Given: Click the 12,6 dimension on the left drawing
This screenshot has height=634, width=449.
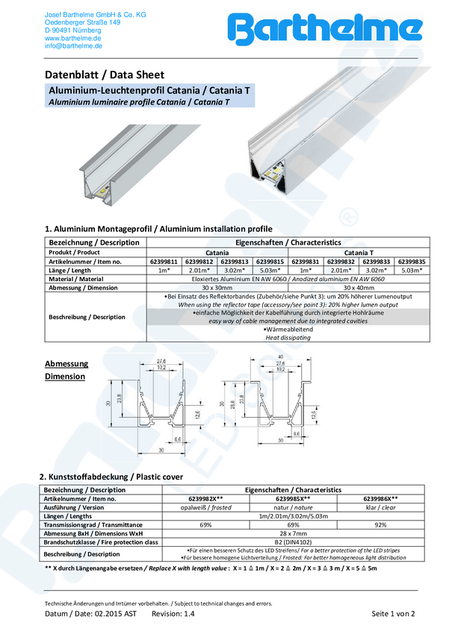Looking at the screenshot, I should point(197,414).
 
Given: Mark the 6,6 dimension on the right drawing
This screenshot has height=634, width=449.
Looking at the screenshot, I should point(296,432).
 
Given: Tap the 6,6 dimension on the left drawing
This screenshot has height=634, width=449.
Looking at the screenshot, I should point(177,440).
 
